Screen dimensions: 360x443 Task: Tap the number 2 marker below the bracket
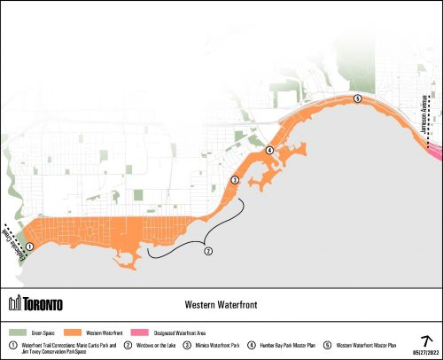pos(208,251)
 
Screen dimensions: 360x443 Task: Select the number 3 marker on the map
pos(235,180)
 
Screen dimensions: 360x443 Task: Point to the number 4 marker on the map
pos(268,150)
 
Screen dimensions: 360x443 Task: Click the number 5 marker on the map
pos(356,98)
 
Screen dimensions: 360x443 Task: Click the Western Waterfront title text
pos(221,303)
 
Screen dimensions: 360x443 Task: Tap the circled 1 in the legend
pos(12,344)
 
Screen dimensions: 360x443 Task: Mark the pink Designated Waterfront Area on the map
pos(433,153)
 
